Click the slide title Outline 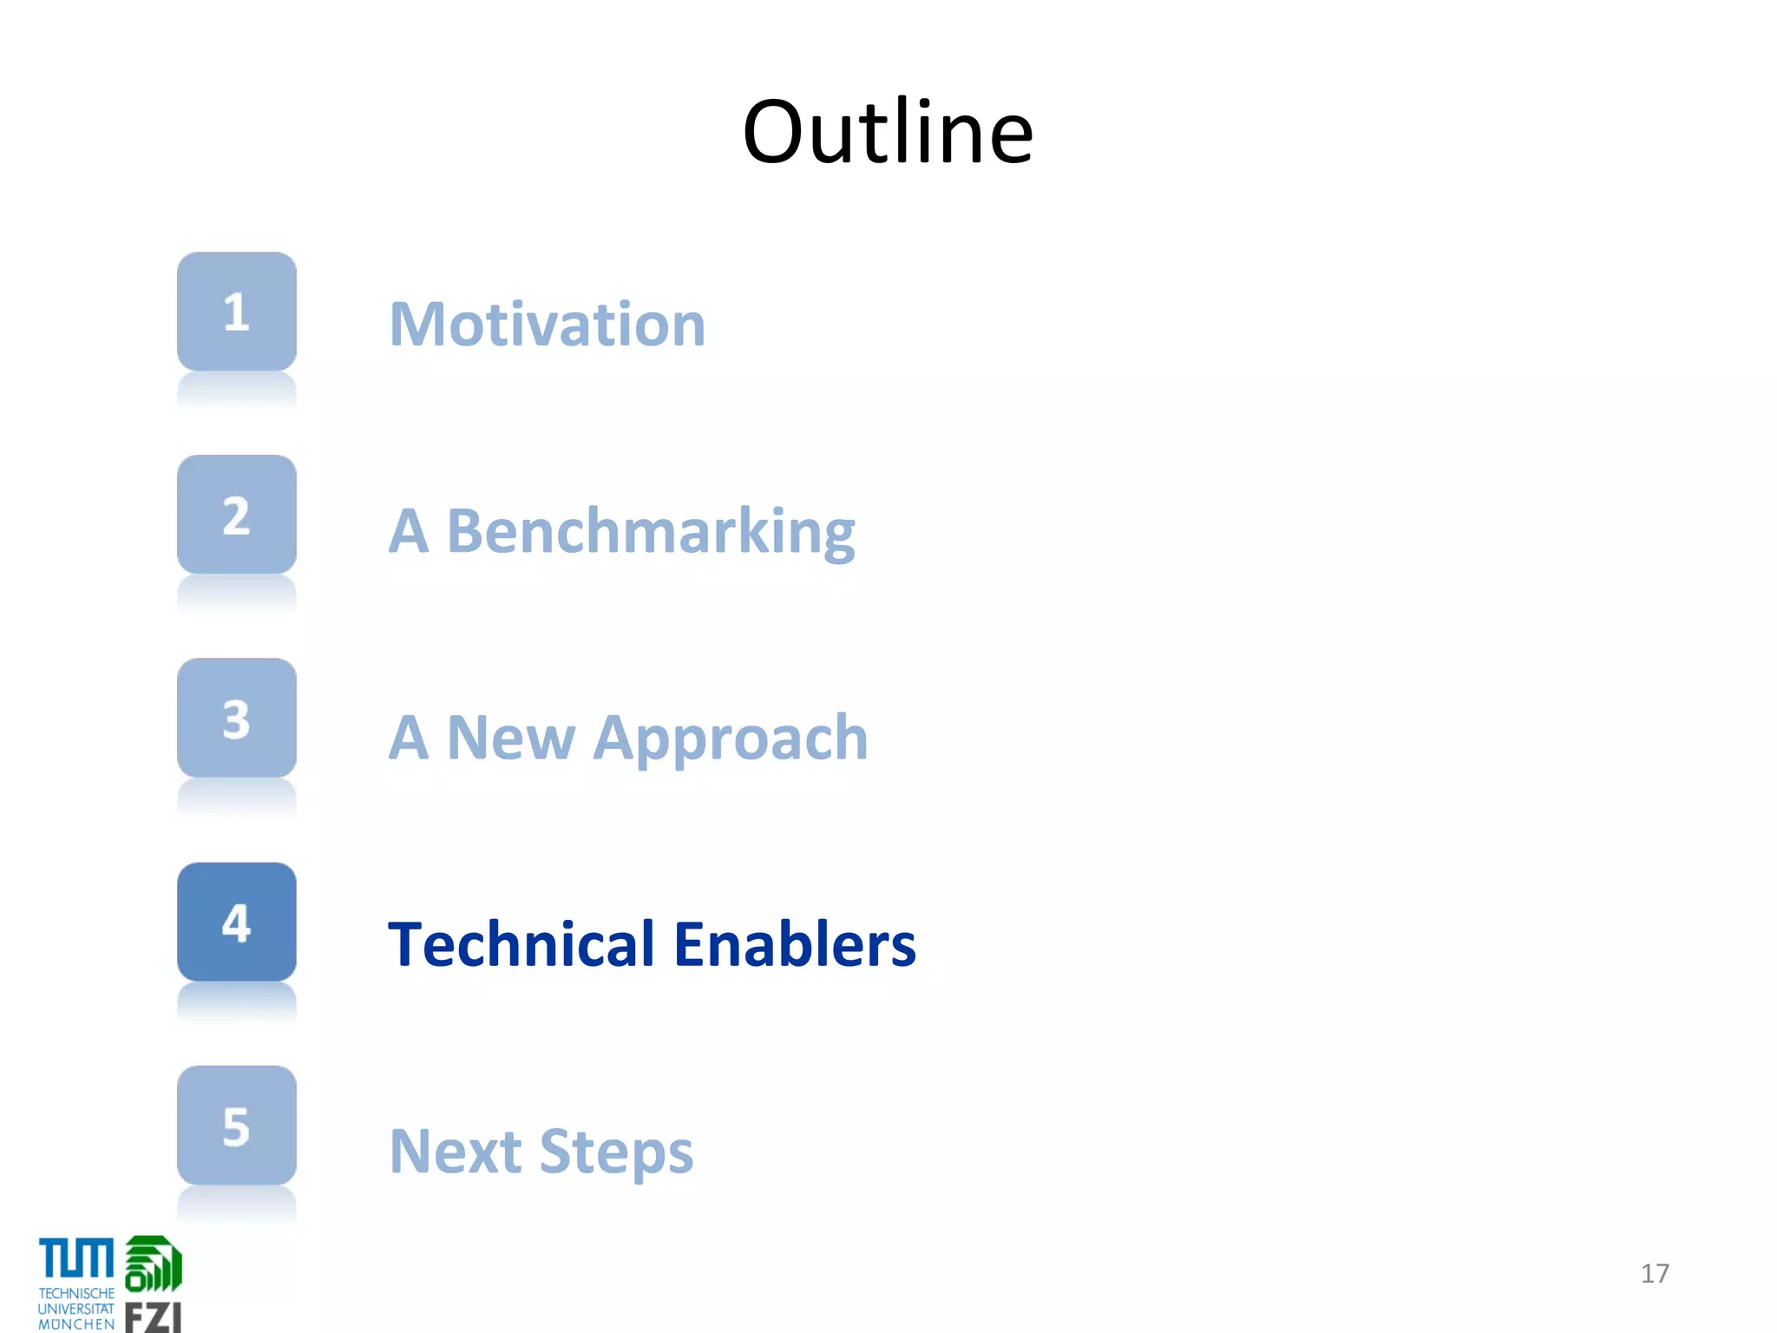tap(888, 132)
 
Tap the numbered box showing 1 tap(237, 312)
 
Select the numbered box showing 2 tap(237, 515)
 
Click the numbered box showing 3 tap(237, 719)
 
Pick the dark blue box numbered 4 tap(237, 923)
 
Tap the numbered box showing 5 tap(237, 1126)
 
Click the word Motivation tap(548, 325)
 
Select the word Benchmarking tap(651, 532)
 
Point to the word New tap(511, 739)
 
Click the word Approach tap(731, 739)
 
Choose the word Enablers tap(794, 944)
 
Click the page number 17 tap(1655, 1273)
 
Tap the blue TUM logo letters tap(76, 1259)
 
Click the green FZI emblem tap(154, 1264)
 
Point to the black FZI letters tap(153, 1317)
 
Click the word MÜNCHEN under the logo tap(76, 1324)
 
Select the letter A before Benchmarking tap(409, 532)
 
